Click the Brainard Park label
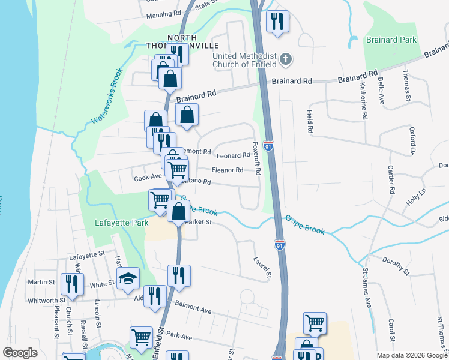[391, 40]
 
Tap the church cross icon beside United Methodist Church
[286, 59]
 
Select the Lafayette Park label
[121, 223]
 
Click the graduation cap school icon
[128, 278]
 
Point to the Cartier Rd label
[391, 179]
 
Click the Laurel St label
[262, 268]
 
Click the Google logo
[20, 353]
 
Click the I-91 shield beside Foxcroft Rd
[268, 146]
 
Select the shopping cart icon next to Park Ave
[142, 337]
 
